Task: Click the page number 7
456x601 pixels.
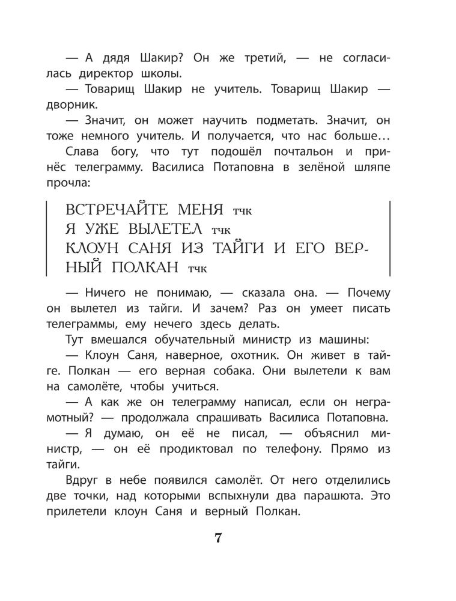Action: [x=219, y=538]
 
